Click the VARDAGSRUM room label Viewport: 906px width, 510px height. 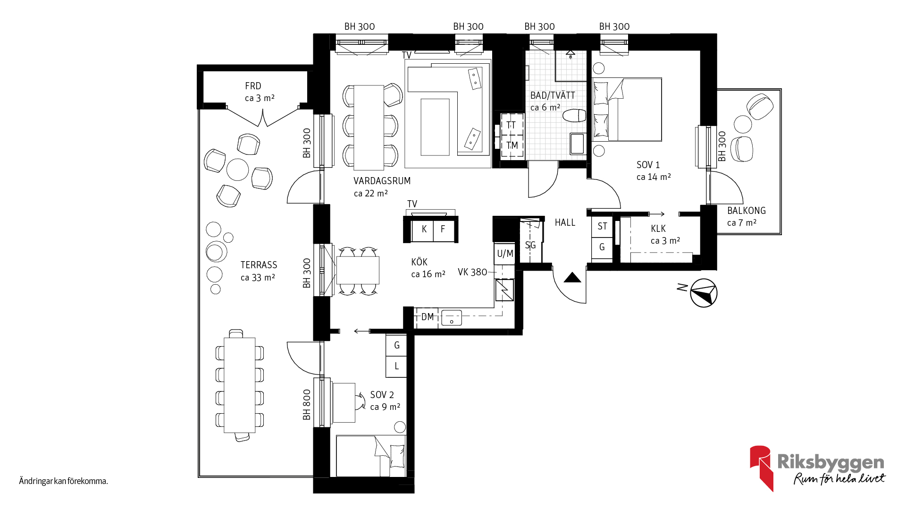[x=382, y=181]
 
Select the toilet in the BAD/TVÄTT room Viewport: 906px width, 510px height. [x=574, y=115]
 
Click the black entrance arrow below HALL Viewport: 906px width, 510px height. [x=572, y=278]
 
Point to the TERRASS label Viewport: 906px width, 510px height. [x=259, y=265]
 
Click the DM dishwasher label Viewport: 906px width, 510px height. [x=428, y=317]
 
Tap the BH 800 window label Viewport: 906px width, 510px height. [x=307, y=405]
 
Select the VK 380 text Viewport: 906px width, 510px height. [x=472, y=272]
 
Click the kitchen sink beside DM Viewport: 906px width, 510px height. [x=452, y=318]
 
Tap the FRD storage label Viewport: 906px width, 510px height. [x=253, y=86]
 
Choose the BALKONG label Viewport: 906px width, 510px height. [x=747, y=211]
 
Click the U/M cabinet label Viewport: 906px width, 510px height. [x=505, y=254]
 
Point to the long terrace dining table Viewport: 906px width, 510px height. [x=240, y=385]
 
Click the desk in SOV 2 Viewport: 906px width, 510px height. [x=344, y=403]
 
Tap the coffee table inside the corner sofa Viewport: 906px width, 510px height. [x=435, y=127]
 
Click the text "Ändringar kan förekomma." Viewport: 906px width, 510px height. [x=64, y=481]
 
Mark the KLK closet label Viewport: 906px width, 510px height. [x=658, y=229]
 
